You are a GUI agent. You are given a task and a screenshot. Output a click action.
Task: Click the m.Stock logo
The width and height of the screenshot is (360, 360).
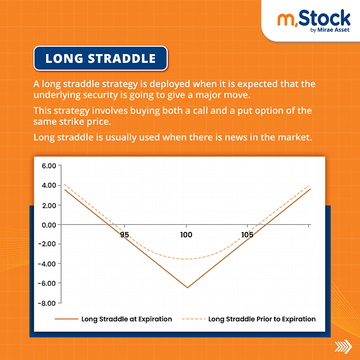(313, 19)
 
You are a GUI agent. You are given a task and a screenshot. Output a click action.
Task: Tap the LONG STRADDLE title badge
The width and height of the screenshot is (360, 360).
(100, 59)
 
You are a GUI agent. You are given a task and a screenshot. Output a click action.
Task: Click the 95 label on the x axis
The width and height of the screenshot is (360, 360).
(124, 235)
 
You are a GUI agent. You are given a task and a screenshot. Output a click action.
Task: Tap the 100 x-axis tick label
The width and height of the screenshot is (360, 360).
(186, 235)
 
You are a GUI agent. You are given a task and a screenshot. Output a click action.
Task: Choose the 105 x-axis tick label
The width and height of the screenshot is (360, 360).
(248, 235)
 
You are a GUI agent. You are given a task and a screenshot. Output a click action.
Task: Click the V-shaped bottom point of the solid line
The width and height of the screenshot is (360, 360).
(187, 287)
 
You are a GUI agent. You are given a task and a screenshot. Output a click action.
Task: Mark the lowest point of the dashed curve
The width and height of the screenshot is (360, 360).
(187, 259)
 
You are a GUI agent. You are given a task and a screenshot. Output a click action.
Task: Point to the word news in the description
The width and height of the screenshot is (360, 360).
(233, 136)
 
